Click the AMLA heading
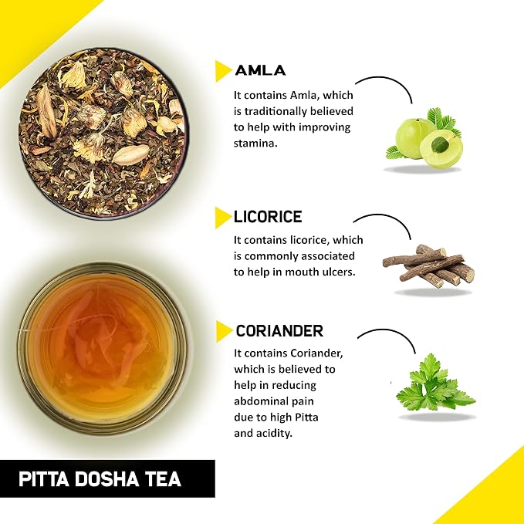(x=260, y=70)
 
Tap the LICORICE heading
(x=268, y=217)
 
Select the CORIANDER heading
(x=279, y=331)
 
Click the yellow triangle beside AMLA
(x=223, y=71)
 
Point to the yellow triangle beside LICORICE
(x=223, y=218)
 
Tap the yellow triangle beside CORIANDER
(x=224, y=332)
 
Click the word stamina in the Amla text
(x=255, y=144)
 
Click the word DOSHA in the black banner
(x=106, y=479)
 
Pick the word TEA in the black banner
(x=163, y=479)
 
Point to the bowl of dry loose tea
(x=103, y=134)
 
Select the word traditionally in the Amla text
(x=276, y=111)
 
